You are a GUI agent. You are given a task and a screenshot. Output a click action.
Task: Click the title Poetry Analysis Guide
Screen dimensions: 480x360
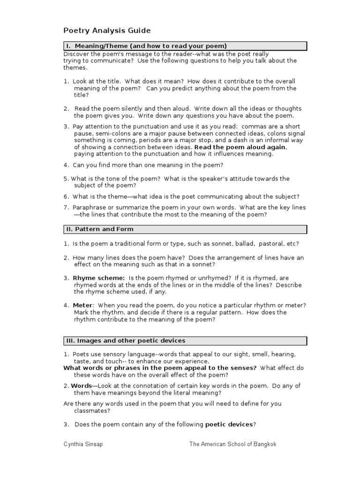pos(107,31)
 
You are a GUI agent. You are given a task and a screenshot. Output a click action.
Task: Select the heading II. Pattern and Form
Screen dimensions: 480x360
pos(99,229)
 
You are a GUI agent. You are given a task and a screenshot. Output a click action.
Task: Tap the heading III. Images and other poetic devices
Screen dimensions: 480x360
pos(125,341)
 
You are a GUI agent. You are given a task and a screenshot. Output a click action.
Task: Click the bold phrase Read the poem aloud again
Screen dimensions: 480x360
pos(240,147)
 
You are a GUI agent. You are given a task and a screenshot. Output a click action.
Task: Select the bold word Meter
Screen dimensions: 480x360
pos(82,305)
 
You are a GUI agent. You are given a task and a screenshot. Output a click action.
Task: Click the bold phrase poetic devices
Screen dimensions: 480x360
pos(229,425)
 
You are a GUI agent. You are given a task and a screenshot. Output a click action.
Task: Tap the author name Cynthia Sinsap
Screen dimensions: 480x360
pos(83,444)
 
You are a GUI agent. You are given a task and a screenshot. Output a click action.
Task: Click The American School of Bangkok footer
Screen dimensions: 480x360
pos(232,444)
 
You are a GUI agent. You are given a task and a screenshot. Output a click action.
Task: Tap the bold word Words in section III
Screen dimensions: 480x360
pos(80,386)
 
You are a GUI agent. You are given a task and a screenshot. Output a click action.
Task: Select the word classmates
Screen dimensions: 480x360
pos(92,411)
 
